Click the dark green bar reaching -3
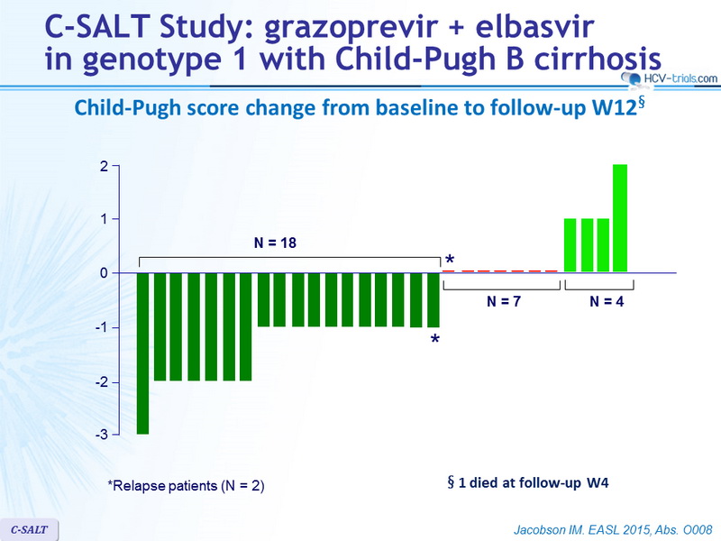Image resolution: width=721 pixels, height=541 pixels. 143,353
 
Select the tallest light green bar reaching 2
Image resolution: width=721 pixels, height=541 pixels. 620,218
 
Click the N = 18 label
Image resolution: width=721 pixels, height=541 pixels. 275,243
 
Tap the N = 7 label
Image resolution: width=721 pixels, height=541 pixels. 504,301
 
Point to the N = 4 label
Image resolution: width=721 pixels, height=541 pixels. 607,301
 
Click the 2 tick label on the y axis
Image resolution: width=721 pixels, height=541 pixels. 104,166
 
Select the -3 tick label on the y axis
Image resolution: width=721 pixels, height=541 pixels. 102,435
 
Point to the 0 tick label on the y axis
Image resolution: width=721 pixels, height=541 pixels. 104,273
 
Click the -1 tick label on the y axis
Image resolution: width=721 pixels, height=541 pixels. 102,327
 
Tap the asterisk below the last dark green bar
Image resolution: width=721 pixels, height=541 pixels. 434,340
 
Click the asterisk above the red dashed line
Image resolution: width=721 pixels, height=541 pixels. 450,260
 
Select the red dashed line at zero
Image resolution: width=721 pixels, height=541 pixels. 500,271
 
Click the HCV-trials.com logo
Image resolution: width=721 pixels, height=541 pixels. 670,78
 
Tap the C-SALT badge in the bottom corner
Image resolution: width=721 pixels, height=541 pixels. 29,529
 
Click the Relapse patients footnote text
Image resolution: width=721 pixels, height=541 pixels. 186,486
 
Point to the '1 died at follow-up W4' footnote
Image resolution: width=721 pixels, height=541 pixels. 528,482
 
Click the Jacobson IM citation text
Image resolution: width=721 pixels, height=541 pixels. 613,530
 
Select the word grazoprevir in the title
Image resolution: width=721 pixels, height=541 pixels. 350,27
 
